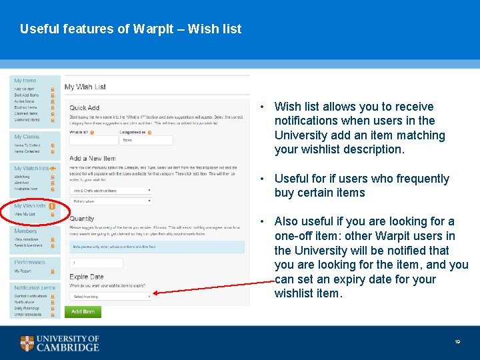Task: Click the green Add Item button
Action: coord(83,311)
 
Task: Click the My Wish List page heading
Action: coord(85,87)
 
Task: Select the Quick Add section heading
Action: coord(85,107)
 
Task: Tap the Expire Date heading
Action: coord(87,276)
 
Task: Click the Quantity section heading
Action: coord(82,219)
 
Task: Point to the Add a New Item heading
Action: coord(93,158)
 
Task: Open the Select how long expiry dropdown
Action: coord(111,296)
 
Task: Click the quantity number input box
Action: coord(96,263)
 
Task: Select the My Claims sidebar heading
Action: coord(27,137)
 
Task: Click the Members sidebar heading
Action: coord(26,231)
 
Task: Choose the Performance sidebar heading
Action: coord(30,263)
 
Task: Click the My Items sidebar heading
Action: coord(25,81)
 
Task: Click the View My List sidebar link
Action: coord(25,214)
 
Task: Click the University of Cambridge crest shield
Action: coord(27,343)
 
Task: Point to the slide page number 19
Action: coord(457,342)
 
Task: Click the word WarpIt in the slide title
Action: coord(157,29)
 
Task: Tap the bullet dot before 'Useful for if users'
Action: coord(265,179)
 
